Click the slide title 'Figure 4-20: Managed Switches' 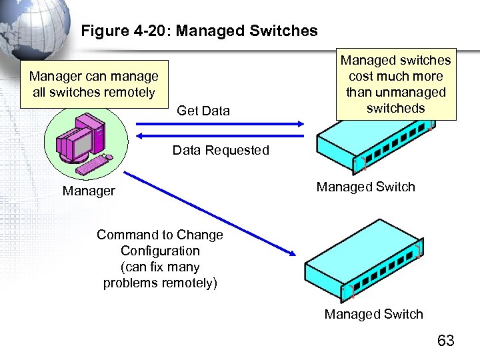[x=199, y=31]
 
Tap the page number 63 [x=445, y=341]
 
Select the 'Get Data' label [x=203, y=111]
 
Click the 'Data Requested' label [x=221, y=150]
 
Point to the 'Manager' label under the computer [x=89, y=191]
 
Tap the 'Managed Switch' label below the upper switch [x=365, y=187]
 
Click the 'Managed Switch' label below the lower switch [x=373, y=314]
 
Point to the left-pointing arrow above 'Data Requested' [x=220, y=135]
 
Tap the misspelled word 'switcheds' [x=395, y=108]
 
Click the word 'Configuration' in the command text [x=160, y=251]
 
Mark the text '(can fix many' [x=160, y=267]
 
